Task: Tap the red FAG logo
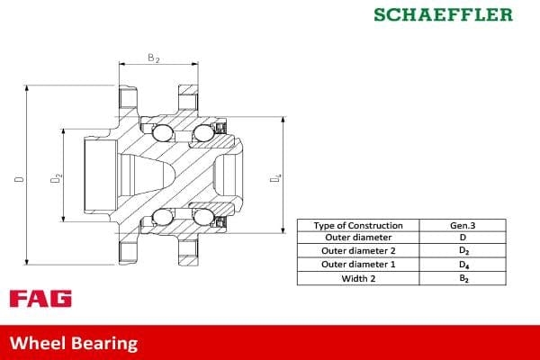pyautogui.click(x=40, y=299)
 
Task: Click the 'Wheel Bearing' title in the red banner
pyautogui.click(x=74, y=343)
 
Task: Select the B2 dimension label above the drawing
pyautogui.click(x=153, y=58)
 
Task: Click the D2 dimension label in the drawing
pyautogui.click(x=56, y=179)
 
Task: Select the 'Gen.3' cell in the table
pyautogui.click(x=463, y=225)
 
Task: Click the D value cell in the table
pyautogui.click(x=463, y=238)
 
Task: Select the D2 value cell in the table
pyautogui.click(x=463, y=251)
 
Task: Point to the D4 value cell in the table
pyautogui.click(x=463, y=265)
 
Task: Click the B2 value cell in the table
pyautogui.click(x=463, y=278)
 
